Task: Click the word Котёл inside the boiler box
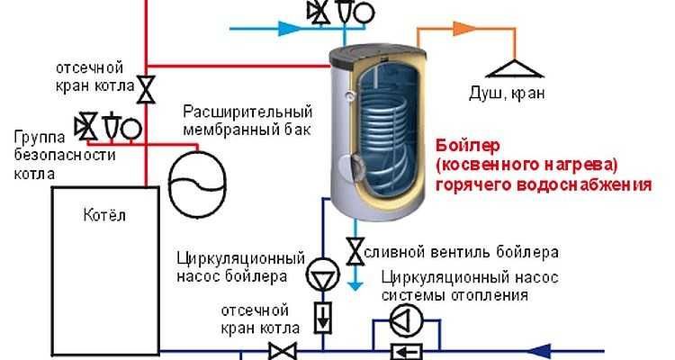105,215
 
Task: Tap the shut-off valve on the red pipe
147,87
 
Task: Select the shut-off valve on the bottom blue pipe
286,349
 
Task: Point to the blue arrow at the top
292,29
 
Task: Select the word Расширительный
247,112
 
